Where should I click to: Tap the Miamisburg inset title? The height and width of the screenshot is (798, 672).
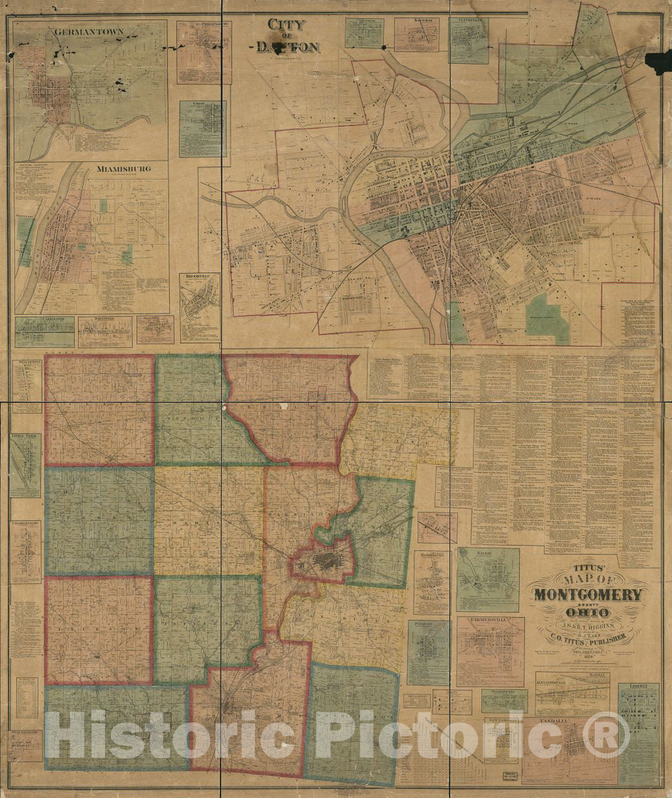click(124, 169)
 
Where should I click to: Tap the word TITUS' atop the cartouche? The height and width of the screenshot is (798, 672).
click(586, 570)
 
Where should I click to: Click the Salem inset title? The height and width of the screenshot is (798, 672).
click(488, 553)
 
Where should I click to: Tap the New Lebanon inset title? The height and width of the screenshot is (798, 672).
click(501, 721)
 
